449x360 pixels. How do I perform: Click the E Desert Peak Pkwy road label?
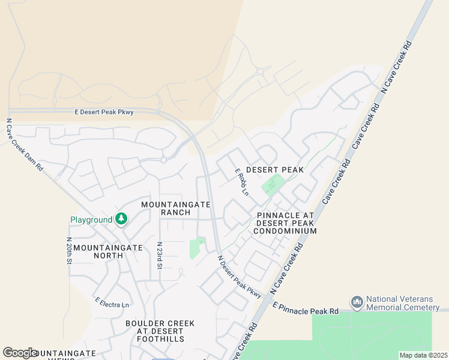(104, 112)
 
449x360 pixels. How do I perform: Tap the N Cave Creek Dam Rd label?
(25, 145)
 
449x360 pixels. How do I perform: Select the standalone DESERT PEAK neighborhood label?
(274, 170)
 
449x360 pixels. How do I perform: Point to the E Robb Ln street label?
(241, 182)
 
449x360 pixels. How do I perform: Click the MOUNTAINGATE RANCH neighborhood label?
(176, 209)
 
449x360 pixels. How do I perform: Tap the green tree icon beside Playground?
(122, 220)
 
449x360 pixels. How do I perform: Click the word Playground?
(92, 220)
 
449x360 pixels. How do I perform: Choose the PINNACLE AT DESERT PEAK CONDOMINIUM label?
(285, 223)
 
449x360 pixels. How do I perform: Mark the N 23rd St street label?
(160, 256)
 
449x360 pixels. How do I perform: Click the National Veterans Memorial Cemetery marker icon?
(357, 301)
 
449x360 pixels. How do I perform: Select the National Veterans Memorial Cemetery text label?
(402, 303)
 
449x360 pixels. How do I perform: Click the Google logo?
(20, 353)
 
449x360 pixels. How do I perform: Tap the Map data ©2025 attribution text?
(423, 355)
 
